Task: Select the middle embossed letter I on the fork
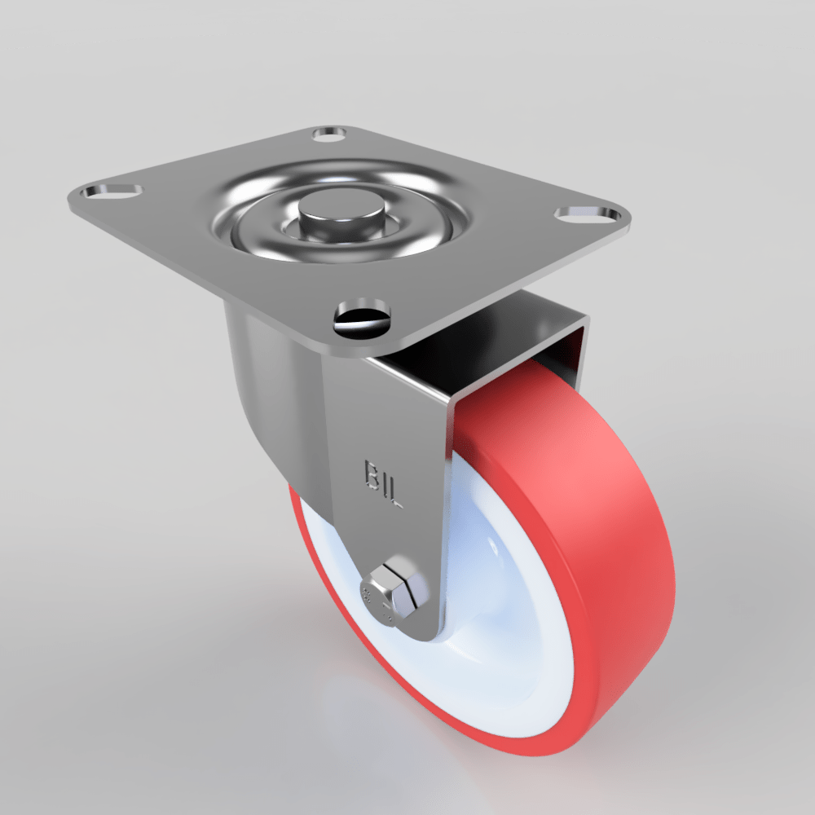(x=383, y=482)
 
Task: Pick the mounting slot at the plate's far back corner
(x=329, y=132)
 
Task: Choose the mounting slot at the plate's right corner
(x=587, y=214)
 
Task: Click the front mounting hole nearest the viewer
(x=363, y=320)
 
